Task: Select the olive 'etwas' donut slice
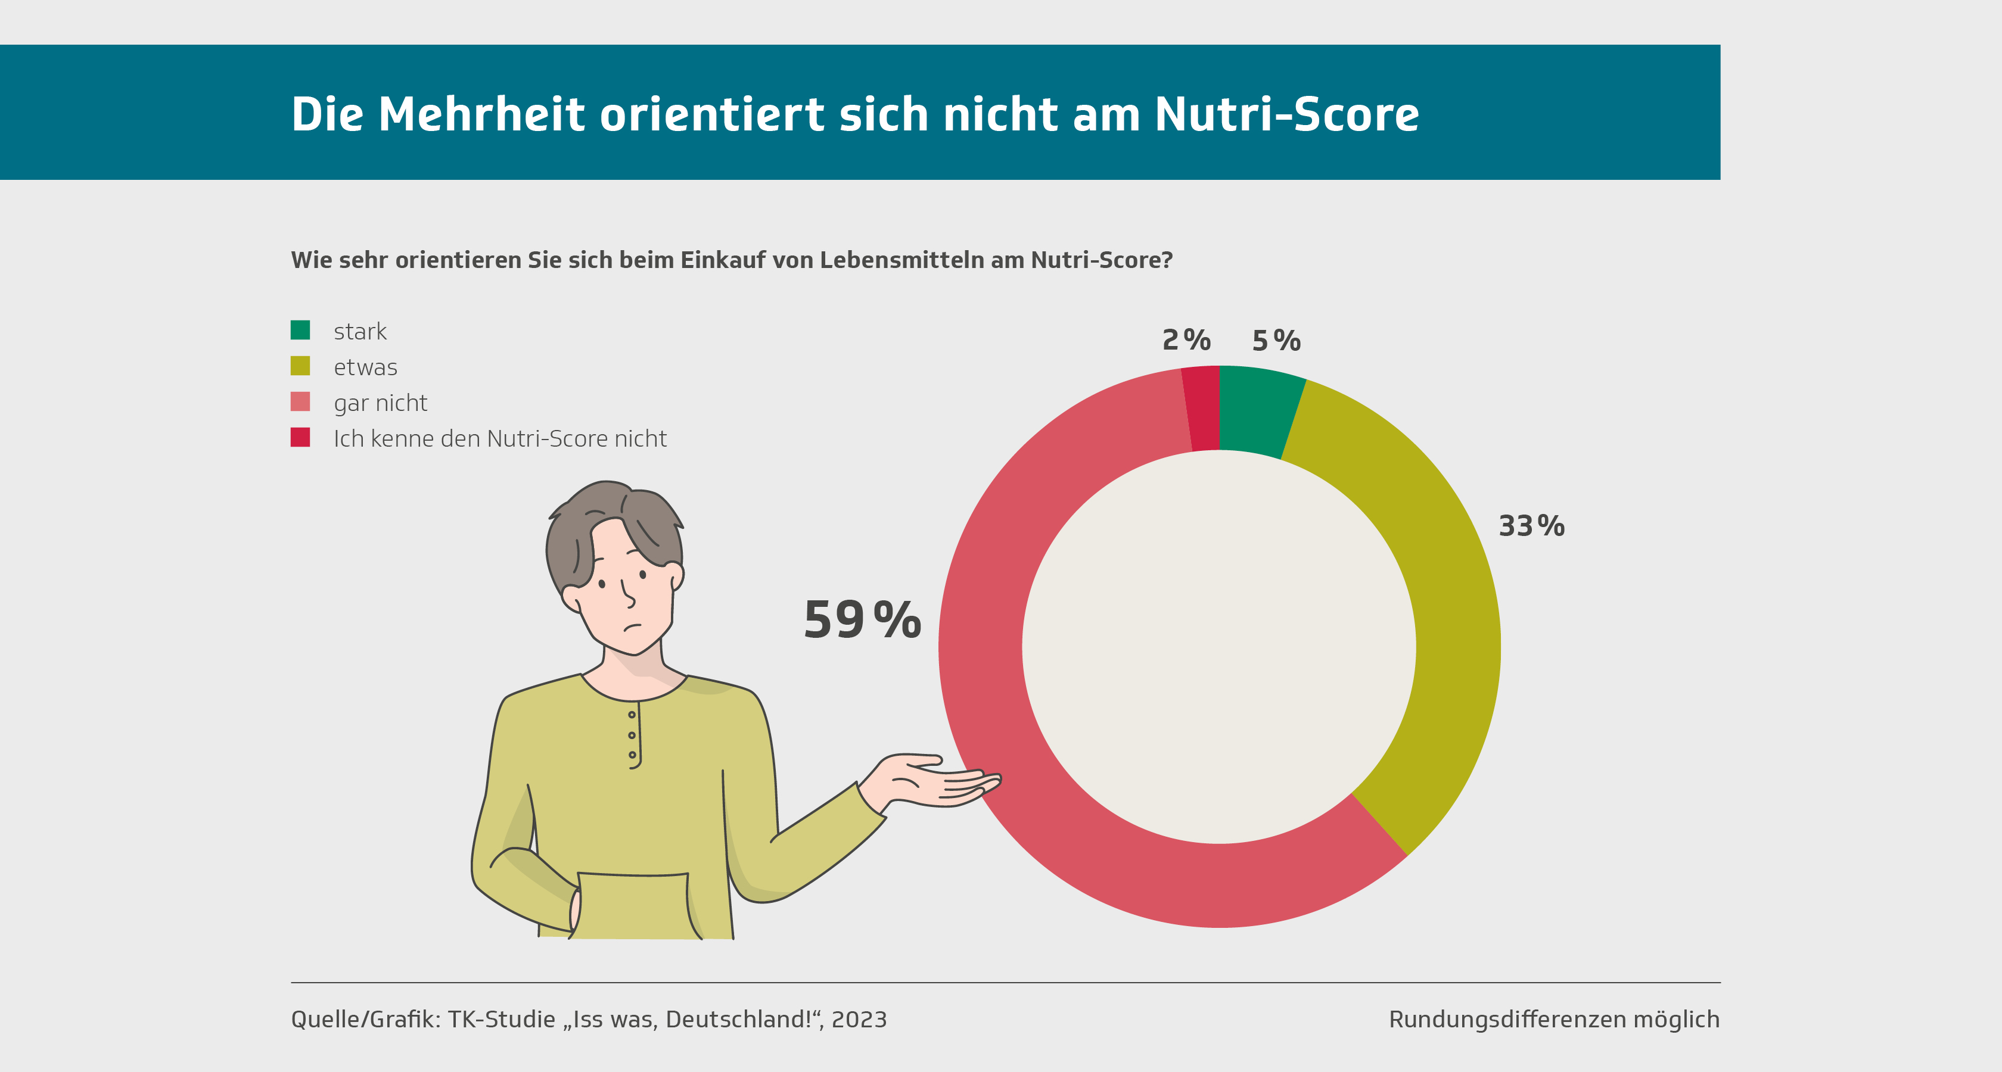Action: click(1445, 621)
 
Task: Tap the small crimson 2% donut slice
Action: click(1202, 409)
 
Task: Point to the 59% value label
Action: click(862, 620)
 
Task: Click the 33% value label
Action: click(1531, 526)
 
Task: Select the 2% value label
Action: click(1186, 339)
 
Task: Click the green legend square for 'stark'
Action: click(300, 330)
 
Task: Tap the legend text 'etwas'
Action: click(365, 367)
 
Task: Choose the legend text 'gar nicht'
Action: click(380, 403)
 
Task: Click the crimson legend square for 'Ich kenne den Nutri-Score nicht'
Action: click(300, 437)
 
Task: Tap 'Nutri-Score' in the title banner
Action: click(1286, 114)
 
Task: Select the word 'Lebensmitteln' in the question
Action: click(903, 260)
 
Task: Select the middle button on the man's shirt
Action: click(632, 735)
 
